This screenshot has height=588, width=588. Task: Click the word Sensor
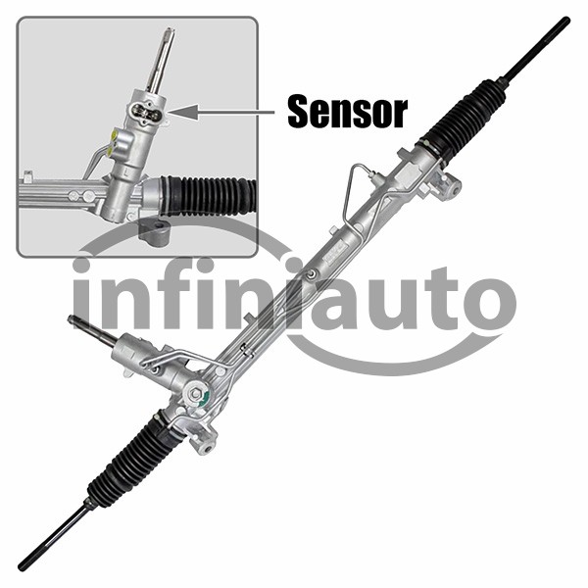(347, 112)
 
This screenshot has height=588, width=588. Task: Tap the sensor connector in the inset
(147, 112)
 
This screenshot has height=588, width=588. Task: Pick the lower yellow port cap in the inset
(110, 151)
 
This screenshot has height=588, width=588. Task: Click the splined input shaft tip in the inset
(170, 33)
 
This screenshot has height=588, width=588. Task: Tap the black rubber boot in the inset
(209, 196)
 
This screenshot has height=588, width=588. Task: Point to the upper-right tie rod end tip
(566, 20)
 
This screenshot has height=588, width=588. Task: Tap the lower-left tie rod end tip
(22, 567)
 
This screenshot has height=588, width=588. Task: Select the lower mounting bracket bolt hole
(208, 449)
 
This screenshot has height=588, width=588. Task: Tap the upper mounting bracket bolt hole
(455, 191)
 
